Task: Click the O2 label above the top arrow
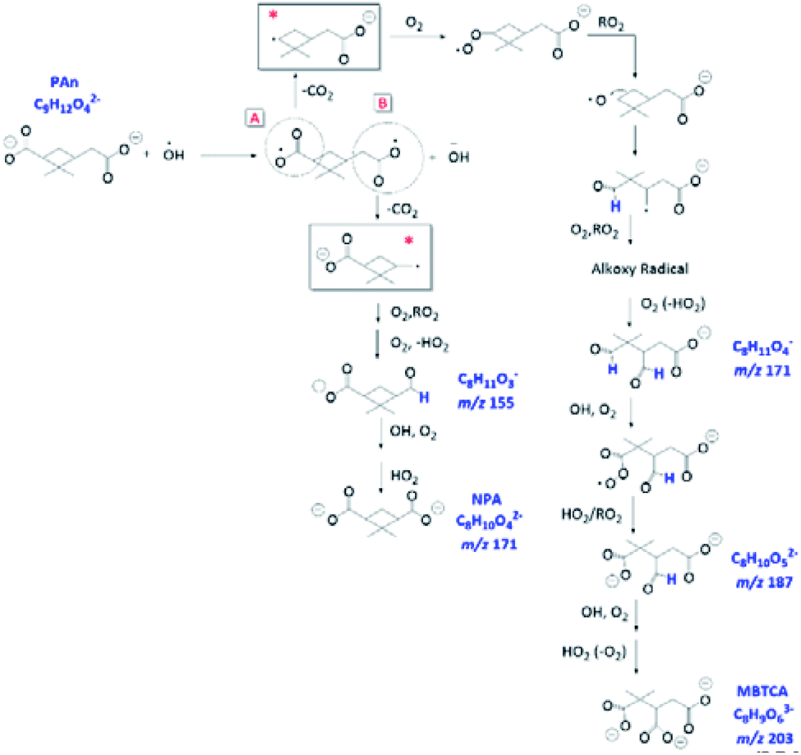coord(416,24)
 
